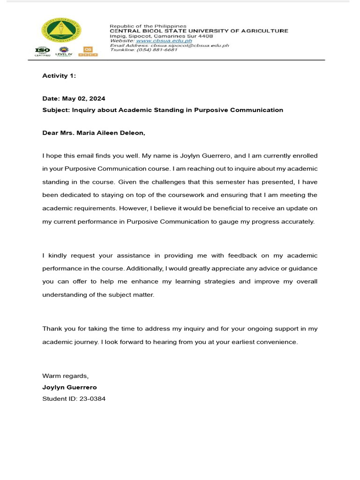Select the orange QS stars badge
tap(88, 52)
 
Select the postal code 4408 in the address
tap(205, 36)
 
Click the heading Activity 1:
tap(59, 75)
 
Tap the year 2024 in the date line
tap(97, 98)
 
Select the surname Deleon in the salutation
tap(133, 133)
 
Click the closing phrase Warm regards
tap(65, 376)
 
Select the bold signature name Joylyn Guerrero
tap(69, 388)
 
